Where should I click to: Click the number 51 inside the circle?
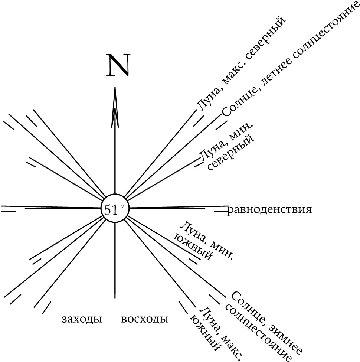point(111,210)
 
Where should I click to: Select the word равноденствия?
point(269,210)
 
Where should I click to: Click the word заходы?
point(82,319)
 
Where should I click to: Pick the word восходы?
point(144,319)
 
